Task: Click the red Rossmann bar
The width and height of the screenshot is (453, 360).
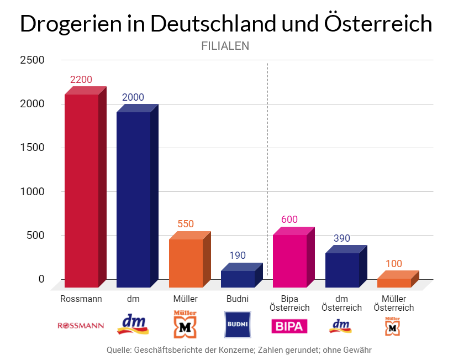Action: pyautogui.click(x=81, y=191)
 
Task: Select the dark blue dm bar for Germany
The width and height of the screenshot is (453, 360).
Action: pyautogui.click(x=133, y=199)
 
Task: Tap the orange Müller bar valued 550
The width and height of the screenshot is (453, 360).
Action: pyautogui.click(x=186, y=263)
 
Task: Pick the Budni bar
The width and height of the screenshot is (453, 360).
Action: pyautogui.click(x=238, y=279)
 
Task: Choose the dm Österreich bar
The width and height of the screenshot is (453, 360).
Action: pyautogui.click(x=341, y=270)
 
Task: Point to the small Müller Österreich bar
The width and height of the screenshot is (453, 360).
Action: pyautogui.click(x=394, y=283)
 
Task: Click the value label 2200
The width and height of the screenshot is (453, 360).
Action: pyautogui.click(x=81, y=80)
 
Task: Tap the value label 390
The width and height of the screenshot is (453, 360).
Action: pyautogui.click(x=341, y=238)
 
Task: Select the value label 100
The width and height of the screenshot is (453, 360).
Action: pyautogui.click(x=394, y=264)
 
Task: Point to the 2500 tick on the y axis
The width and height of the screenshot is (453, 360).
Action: pyautogui.click(x=32, y=60)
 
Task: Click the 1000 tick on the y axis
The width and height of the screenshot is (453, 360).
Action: pyautogui.click(x=32, y=191)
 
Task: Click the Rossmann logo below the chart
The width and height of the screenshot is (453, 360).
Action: pyautogui.click(x=81, y=326)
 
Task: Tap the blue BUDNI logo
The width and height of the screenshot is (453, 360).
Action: pyautogui.click(x=238, y=325)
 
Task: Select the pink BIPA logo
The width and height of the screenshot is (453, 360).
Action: pyautogui.click(x=289, y=326)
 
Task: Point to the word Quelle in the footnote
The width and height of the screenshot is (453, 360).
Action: pyautogui.click(x=119, y=350)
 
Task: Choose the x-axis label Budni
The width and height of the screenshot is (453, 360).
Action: pyautogui.click(x=238, y=299)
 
